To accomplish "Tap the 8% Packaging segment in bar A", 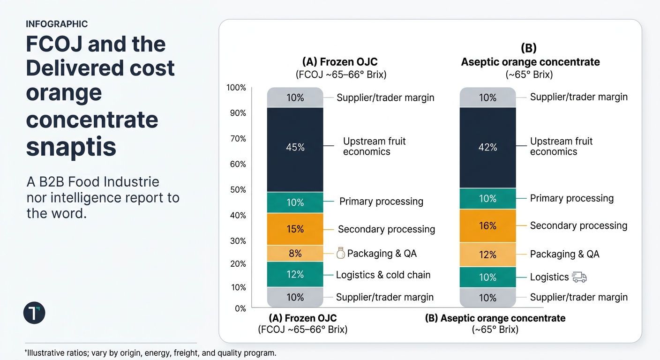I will (295, 254).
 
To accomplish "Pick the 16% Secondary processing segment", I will (487, 226).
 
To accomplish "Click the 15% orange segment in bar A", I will (295, 229).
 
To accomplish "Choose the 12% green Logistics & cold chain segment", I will (295, 274).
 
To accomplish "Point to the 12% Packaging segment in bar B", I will (487, 255).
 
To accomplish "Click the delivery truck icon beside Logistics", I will (579, 277).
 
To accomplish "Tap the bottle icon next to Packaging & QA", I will (341, 254).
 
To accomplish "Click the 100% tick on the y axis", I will (237, 88).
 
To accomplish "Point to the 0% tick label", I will (240, 308).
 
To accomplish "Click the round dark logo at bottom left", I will (34, 313).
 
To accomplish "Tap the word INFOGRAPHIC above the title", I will (57, 24).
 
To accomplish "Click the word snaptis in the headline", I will (71, 147).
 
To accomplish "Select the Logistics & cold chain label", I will (383, 275).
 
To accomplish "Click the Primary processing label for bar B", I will (571, 198).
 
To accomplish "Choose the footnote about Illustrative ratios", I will (150, 352).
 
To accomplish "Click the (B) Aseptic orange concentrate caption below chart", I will (495, 318).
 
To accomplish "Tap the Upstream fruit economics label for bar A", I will (374, 146).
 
